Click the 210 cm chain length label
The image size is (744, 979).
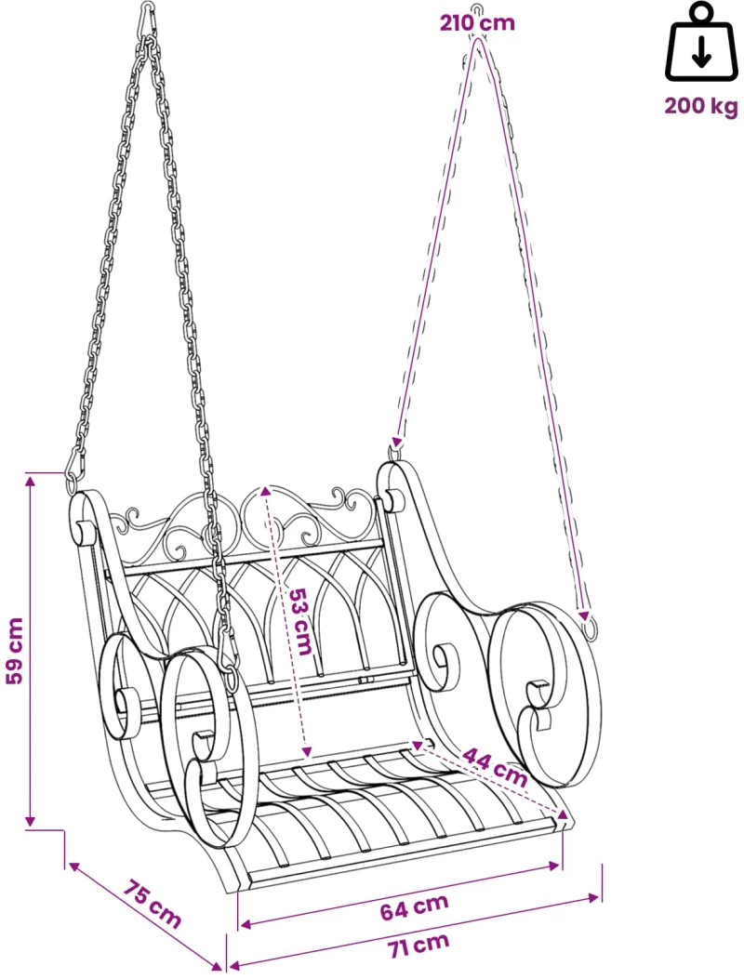477,23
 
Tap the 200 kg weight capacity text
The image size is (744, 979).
701,106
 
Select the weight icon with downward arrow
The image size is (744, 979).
701,43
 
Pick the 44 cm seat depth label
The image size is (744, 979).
495,767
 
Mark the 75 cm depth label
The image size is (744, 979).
152,904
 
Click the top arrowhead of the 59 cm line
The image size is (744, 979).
30,480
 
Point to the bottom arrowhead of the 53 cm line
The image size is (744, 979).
307,752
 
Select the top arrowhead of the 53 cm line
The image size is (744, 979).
265,491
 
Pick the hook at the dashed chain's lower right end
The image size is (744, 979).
589,627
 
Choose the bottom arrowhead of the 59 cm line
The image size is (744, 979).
30,821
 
